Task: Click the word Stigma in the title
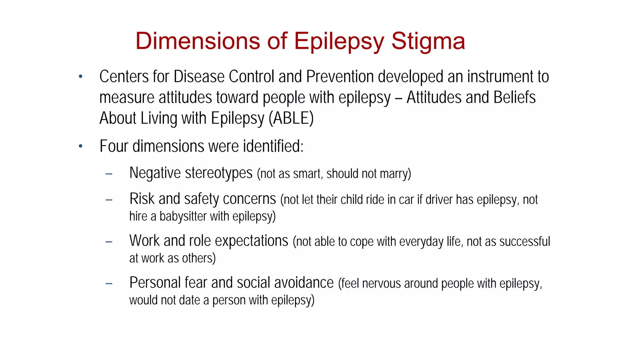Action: coord(428,41)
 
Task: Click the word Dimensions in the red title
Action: coord(197,41)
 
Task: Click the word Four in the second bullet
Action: coord(113,146)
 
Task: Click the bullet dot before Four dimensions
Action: coord(81,146)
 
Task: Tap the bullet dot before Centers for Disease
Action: coord(81,76)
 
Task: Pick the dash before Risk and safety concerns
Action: coord(109,200)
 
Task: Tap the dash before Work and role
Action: coord(109,242)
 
